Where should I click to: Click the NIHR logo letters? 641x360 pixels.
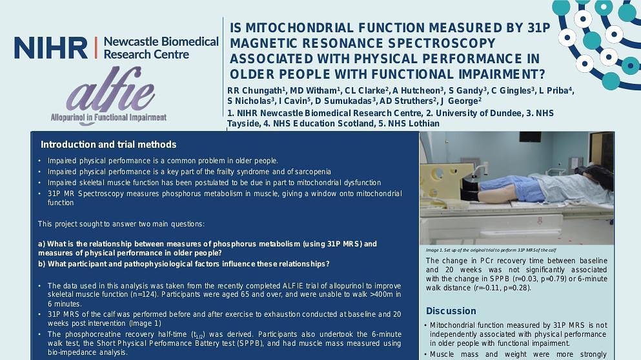click(50, 48)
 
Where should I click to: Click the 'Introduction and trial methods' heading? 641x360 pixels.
click(108, 145)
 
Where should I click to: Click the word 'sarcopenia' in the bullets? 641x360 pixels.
click(310, 172)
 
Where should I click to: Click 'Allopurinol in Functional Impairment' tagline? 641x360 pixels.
click(108, 118)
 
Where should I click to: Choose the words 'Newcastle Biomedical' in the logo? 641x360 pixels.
click(161, 42)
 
